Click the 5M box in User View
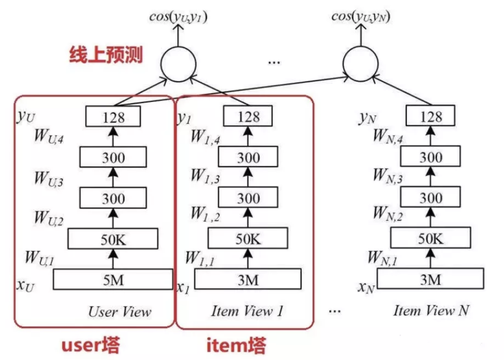113,279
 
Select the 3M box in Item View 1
248,279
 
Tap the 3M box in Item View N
430,279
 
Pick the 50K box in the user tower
113,239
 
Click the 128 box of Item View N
430,116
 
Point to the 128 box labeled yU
113,116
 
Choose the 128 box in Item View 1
248,116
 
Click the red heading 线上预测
106,55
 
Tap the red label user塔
90,345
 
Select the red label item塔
236,345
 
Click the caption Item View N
431,311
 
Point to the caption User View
119,312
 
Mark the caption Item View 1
247,311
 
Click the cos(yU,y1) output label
178,17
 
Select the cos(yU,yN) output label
360,17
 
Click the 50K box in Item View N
431,238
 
